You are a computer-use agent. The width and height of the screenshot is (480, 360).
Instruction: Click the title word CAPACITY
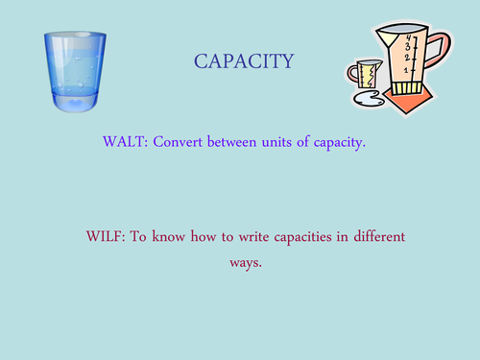coord(244,62)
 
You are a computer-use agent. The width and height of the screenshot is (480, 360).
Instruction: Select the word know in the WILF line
coord(184,236)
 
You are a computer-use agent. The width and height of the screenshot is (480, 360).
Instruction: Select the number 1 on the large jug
coord(406,71)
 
